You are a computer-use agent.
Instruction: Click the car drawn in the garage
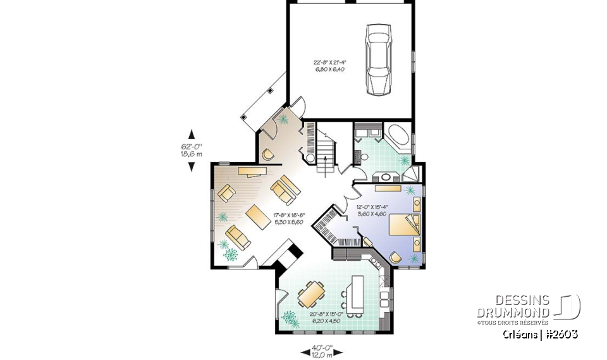[378, 59]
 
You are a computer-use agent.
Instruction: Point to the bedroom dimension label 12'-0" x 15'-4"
[371, 210]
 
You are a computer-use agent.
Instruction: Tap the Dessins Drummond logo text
[513, 306]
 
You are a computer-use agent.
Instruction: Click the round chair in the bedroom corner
[396, 257]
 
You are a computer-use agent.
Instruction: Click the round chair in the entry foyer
[268, 154]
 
